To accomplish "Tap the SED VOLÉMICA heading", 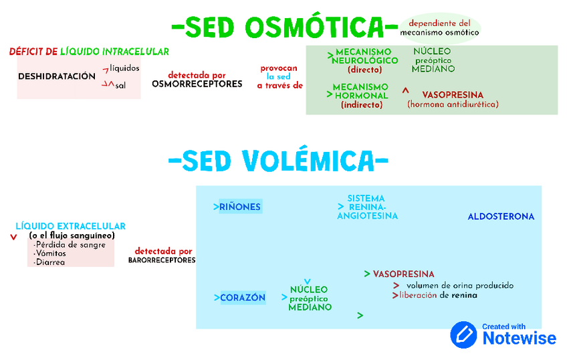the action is [x=278, y=161].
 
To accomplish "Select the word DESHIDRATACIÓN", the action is [x=57, y=76].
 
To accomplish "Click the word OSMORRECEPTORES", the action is [x=197, y=84].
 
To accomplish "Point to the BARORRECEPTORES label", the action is [x=162, y=260].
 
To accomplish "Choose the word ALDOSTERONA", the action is [x=501, y=216].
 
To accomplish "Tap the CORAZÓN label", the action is [x=243, y=298].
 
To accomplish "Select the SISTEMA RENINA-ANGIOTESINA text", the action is [x=367, y=207].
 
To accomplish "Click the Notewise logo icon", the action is [x=463, y=335].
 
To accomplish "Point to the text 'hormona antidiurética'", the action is [x=453, y=104].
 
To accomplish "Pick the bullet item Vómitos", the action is [x=51, y=254].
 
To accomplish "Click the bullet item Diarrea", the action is [x=50, y=262].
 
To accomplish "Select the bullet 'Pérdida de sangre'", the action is [x=70, y=245].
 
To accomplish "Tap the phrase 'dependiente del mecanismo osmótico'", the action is [x=439, y=27].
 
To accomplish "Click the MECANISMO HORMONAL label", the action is [x=360, y=95].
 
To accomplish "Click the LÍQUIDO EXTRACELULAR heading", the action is [x=70, y=226].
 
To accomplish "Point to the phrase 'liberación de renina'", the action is [x=438, y=295].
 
